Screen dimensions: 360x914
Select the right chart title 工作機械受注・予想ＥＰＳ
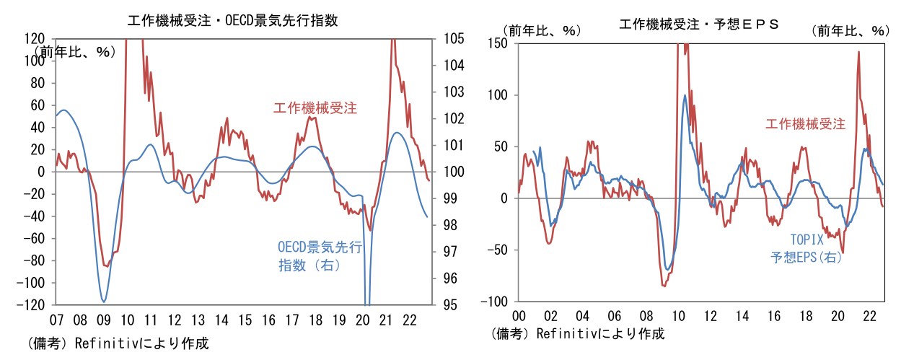[699, 25]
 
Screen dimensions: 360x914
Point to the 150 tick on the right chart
[497, 43]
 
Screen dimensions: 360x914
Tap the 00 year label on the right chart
[518, 316]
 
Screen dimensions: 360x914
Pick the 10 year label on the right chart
[677, 316]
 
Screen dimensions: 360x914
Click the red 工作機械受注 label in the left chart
[315, 109]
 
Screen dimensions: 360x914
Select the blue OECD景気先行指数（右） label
[320, 256]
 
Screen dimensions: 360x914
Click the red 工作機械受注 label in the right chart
[805, 123]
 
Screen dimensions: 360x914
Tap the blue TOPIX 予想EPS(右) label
[805, 248]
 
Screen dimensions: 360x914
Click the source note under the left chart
[118, 343]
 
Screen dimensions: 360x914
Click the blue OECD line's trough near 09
[104, 301]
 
